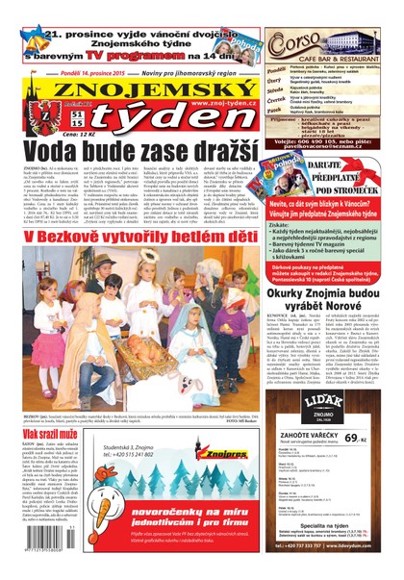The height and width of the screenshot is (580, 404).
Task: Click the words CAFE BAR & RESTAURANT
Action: [331, 60]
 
